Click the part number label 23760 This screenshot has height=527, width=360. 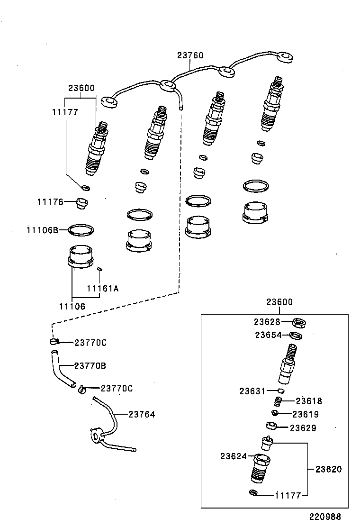point(190,55)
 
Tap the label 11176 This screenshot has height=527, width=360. point(50,202)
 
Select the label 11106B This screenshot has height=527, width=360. point(42,230)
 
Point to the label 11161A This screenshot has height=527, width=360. point(102,288)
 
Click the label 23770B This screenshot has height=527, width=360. point(90,365)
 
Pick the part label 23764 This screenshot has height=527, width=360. point(142,415)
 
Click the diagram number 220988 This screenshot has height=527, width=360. point(325,517)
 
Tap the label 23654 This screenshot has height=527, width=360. point(269,335)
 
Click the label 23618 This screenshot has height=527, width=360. point(308,401)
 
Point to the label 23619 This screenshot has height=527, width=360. point(306,414)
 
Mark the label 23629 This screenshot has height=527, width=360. point(303,428)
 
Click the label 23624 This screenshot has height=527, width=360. point(234,456)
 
